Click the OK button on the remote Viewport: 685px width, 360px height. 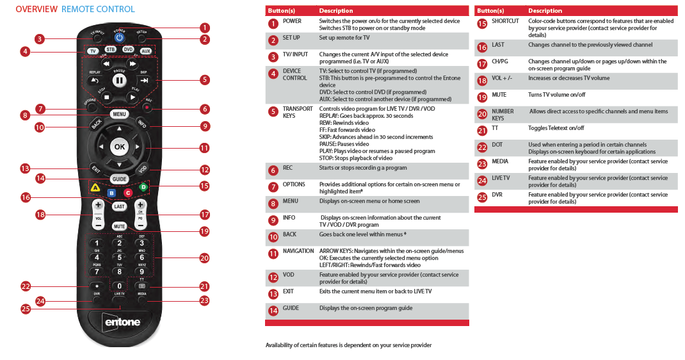pyautogui.click(x=119, y=147)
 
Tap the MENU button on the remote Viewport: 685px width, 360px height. pyautogui.click(x=119, y=114)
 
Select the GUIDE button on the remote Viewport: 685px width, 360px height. pyautogui.click(x=119, y=179)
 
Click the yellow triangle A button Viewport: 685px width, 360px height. pyautogui.click(x=94, y=188)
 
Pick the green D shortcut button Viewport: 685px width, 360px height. pyautogui.click(x=144, y=187)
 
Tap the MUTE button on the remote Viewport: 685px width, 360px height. pyautogui.click(x=119, y=226)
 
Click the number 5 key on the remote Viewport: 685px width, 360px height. pyautogui.click(x=119, y=257)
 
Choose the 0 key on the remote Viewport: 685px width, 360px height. pyautogui.click(x=119, y=286)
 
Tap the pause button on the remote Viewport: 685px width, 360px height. pyautogui.click(x=119, y=81)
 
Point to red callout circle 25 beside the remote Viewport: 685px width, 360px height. pyautogui.click(x=26, y=309)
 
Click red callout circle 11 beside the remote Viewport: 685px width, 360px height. pyautogui.click(x=204, y=147)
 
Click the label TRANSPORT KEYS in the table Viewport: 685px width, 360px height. pyautogui.click(x=298, y=113)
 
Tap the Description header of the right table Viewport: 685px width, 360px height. pyautogui.click(x=545, y=11)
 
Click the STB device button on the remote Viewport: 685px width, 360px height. pyautogui.click(x=111, y=50)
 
